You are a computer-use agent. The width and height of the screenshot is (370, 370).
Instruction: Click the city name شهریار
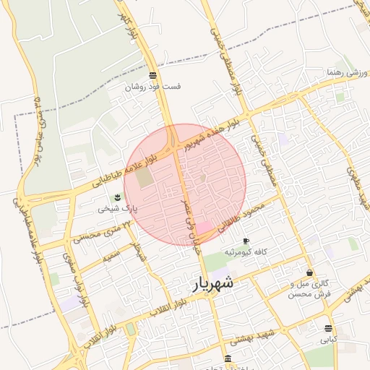pyautogui.click(x=215, y=283)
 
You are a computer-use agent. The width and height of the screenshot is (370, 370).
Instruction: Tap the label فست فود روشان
pyautogui.click(x=152, y=87)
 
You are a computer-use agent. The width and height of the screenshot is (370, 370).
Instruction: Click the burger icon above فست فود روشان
pyautogui.click(x=152, y=75)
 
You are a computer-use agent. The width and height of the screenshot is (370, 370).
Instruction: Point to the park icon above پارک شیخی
pyautogui.click(x=117, y=197)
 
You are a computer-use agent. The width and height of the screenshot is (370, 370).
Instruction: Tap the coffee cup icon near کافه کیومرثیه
pyautogui.click(x=246, y=241)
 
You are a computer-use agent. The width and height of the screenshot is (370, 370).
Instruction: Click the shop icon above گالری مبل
pyautogui.click(x=310, y=273)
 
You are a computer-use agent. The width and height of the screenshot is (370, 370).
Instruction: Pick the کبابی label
pyautogui.click(x=329, y=338)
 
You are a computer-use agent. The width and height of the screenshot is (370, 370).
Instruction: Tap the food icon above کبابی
pyautogui.click(x=329, y=327)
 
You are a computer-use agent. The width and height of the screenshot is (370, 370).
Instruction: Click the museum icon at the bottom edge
pyautogui.click(x=228, y=358)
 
